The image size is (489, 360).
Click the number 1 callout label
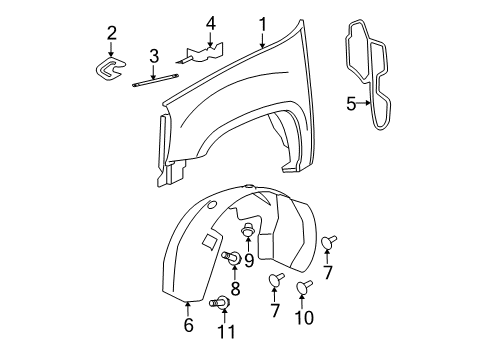[x=262, y=24]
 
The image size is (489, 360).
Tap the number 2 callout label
[x=112, y=33]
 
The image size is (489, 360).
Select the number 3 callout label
[x=154, y=55]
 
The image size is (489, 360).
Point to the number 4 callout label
[x=211, y=23]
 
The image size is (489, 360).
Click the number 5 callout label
[x=350, y=101]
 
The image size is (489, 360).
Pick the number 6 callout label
[x=187, y=324]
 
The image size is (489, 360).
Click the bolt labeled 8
[x=232, y=260]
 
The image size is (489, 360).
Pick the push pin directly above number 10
[x=306, y=287]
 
